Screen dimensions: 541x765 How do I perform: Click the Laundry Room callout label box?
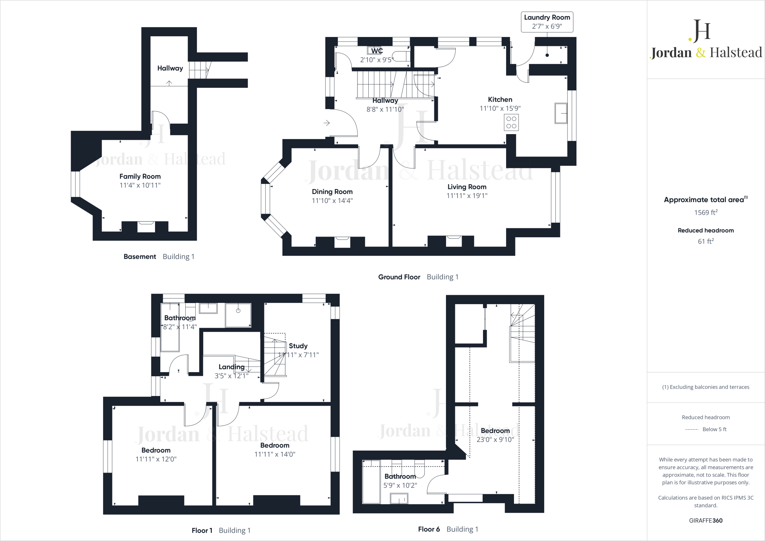coord(547,22)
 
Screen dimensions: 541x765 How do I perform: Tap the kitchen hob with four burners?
coord(511,123)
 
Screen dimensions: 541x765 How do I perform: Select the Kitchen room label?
coord(500,99)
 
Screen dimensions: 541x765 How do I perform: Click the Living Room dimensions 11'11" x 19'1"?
coord(467,195)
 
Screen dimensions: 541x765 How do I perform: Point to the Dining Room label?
coord(332,192)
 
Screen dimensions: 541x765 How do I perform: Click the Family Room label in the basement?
coord(140,176)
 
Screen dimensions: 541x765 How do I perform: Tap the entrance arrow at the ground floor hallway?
coord(326,123)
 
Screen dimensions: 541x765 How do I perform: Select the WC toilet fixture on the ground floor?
coord(401,56)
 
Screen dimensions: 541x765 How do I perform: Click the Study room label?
coord(298,346)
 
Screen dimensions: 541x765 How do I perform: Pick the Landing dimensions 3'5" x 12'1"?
coord(232,376)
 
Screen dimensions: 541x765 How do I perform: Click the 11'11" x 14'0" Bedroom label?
coord(275,445)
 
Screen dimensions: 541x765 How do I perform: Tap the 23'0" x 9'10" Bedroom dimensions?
coord(495,440)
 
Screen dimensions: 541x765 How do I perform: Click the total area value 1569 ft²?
coord(706,213)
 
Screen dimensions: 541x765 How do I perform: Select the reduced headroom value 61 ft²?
coord(706,241)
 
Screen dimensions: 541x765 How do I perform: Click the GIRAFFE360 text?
coord(706,520)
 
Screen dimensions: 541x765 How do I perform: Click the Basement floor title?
coord(140,257)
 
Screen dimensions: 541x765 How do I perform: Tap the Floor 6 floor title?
coord(429,529)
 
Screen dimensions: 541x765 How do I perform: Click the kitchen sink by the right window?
coord(561,113)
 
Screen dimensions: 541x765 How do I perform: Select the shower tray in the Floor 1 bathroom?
coord(238,315)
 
